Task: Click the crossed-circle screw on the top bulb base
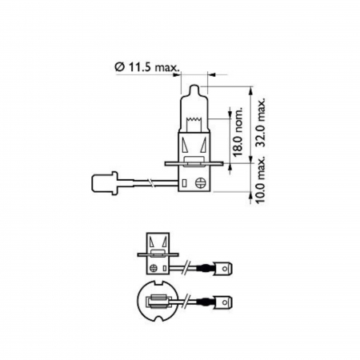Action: point(195,182)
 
